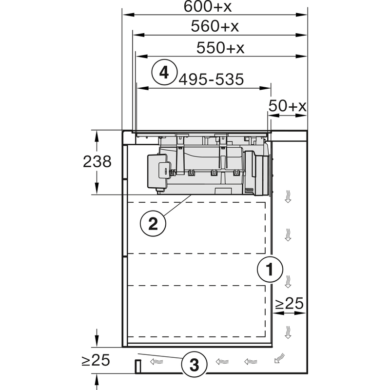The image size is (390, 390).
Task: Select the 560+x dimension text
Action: coord(215,27)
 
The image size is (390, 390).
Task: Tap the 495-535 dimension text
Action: coord(211,79)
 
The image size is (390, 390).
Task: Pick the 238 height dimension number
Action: coord(97,162)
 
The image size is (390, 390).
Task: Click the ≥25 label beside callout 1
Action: coord(289,304)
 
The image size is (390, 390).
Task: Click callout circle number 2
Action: coord(153,224)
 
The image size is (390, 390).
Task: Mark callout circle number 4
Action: coord(164,73)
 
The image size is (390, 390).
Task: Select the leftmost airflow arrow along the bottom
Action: coord(156,362)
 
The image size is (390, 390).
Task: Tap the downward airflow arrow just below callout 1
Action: coord(288,281)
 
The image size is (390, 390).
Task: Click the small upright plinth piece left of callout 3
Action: coord(138,366)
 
